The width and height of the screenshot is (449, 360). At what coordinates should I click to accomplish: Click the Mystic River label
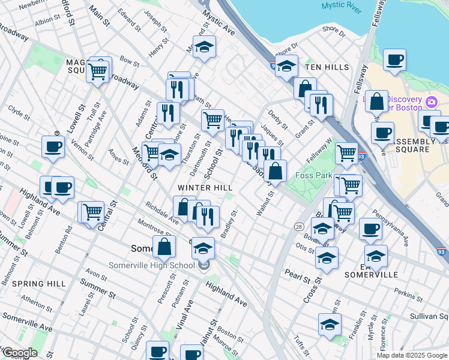pos(339,5)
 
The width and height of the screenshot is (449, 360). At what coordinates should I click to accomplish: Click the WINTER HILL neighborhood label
pos(205,188)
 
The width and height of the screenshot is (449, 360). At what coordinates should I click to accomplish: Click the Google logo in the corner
pos(19,353)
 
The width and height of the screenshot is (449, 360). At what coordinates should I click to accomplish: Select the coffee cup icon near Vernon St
pos(53,146)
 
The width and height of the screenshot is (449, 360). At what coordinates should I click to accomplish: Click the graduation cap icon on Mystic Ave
pos(204,46)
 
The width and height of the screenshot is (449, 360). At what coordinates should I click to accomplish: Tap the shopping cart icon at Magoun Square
pos(97,71)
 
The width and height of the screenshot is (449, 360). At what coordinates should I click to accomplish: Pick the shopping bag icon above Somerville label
pos(164,246)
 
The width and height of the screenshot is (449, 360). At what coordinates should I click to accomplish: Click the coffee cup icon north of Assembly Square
pos(394,59)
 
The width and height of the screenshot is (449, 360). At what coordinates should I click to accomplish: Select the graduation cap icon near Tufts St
pos(330,324)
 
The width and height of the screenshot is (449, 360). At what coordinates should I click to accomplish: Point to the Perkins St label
pos(409,296)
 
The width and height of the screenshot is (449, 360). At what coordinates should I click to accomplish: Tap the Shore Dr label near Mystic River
pos(334,28)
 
